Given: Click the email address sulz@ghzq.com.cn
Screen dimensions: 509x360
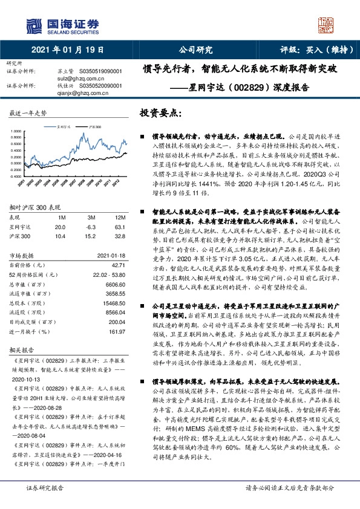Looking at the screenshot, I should click(x=74, y=78).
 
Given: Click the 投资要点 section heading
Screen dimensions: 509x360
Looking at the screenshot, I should click(x=160, y=114).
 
